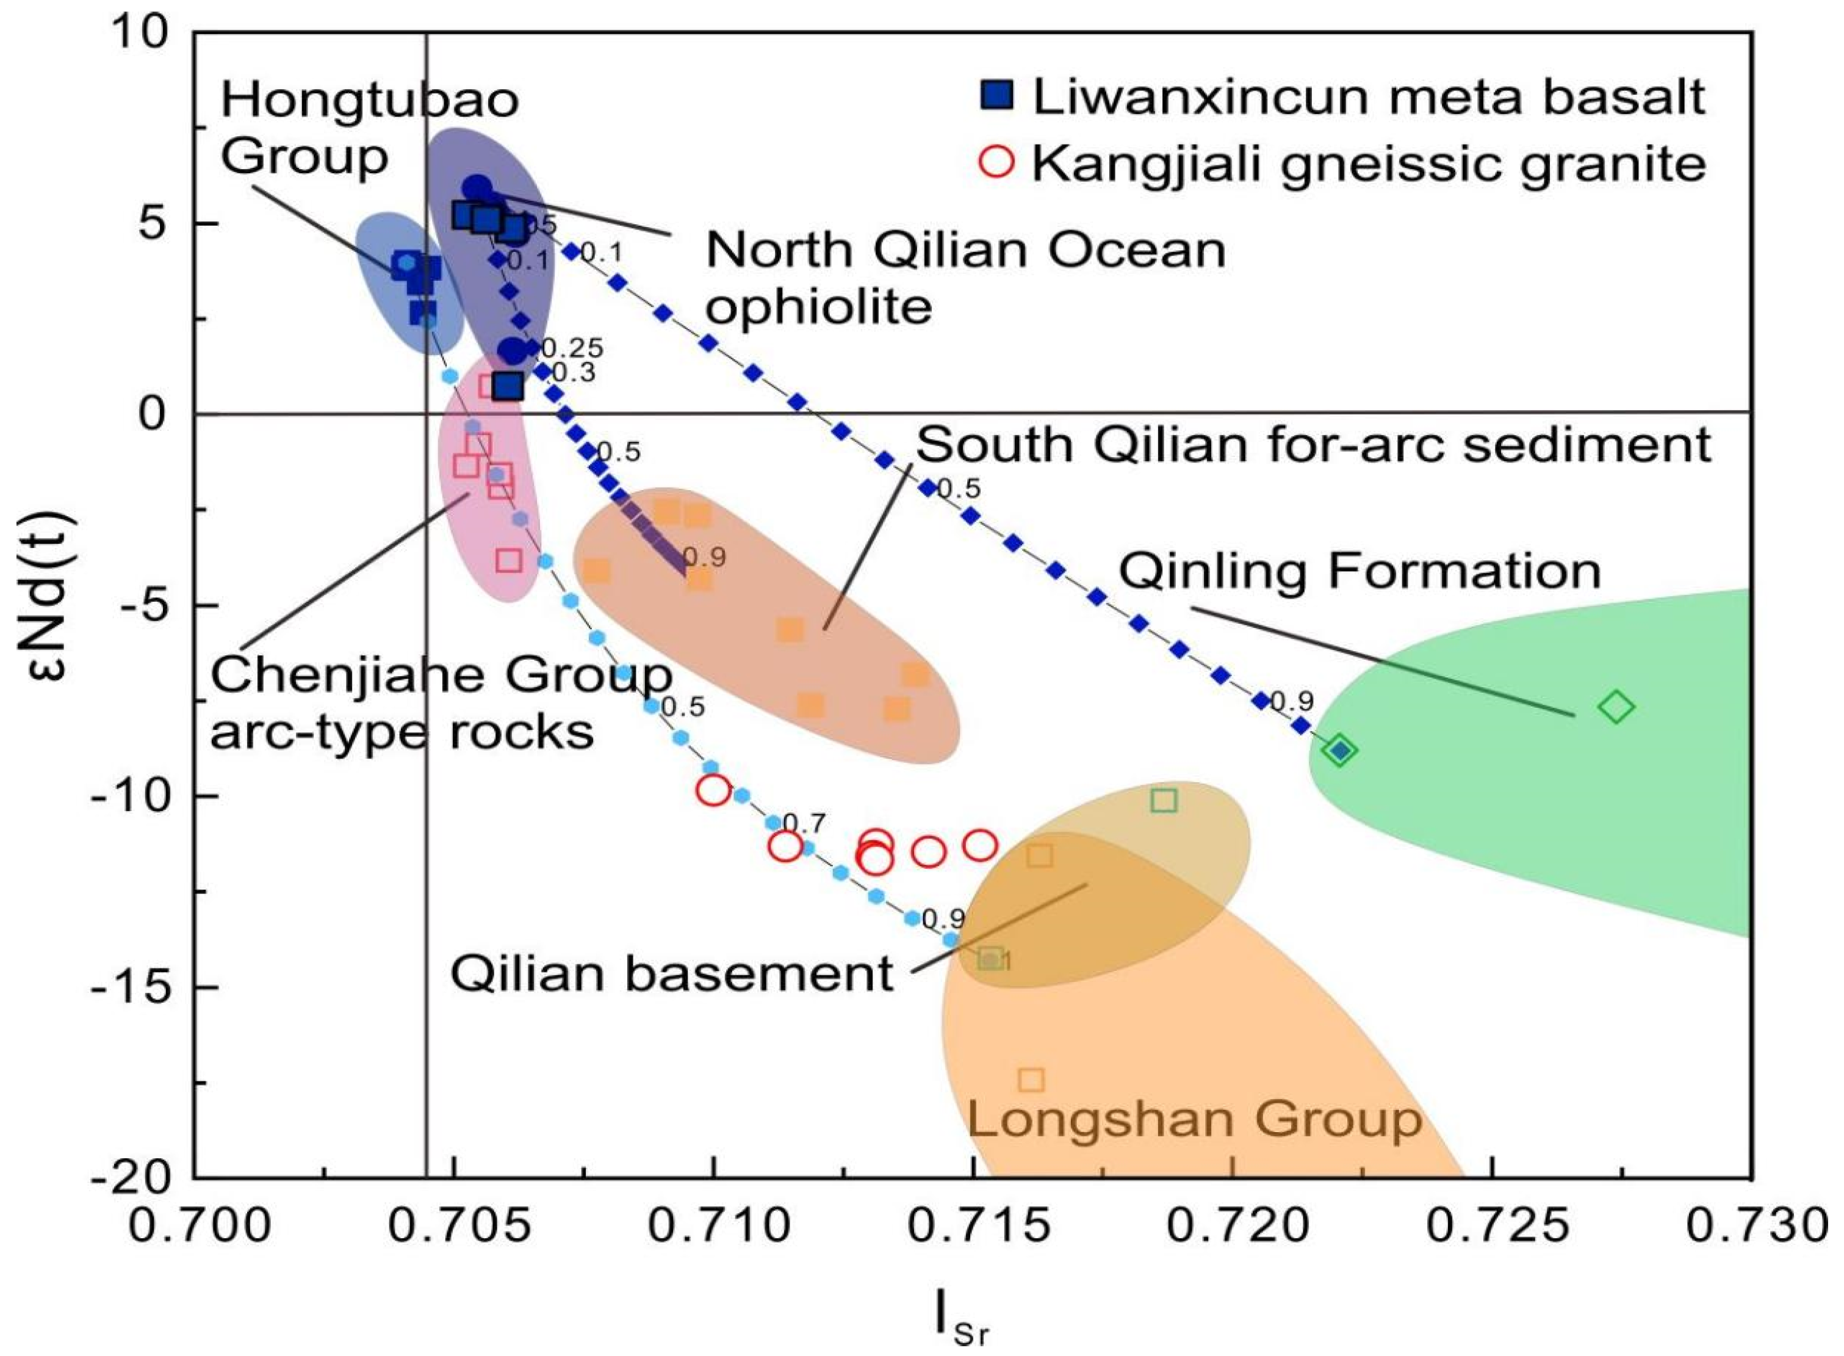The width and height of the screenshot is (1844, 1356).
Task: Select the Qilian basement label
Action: (x=671, y=973)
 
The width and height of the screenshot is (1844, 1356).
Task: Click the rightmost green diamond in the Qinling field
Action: (x=1616, y=707)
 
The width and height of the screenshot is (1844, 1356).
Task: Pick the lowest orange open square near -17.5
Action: (x=1032, y=1080)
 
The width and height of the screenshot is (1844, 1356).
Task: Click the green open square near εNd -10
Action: (x=1164, y=800)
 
